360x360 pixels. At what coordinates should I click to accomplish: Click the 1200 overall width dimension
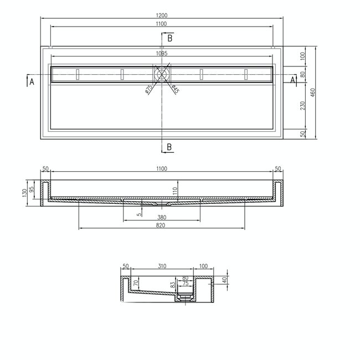(x=161, y=15)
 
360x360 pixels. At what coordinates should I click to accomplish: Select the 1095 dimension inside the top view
(x=161, y=54)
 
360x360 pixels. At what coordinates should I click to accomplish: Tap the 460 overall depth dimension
(x=313, y=93)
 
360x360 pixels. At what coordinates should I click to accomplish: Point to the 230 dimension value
(x=302, y=106)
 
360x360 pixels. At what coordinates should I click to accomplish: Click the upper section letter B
(x=169, y=38)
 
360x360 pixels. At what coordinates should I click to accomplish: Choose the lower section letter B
(x=169, y=147)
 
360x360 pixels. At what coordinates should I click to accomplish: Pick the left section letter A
(x=32, y=81)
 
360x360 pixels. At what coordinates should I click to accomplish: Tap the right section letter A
(x=293, y=81)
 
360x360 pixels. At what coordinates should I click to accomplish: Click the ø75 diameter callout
(x=148, y=89)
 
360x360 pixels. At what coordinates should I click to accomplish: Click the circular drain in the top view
(x=162, y=73)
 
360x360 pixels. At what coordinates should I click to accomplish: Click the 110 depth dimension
(x=174, y=190)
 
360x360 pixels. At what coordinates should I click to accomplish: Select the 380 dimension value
(x=161, y=217)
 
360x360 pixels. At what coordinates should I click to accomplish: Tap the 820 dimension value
(x=161, y=225)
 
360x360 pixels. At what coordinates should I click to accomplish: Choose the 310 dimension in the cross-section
(x=162, y=266)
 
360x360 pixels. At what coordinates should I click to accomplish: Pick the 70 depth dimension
(x=135, y=283)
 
